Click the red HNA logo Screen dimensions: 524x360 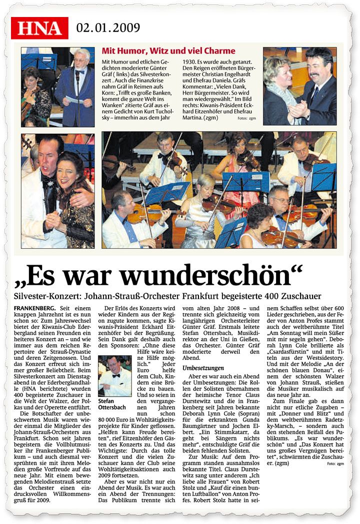pos(39,28)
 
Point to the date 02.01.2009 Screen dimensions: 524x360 pos(108,28)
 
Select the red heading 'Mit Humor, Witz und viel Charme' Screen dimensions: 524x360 pos(168,51)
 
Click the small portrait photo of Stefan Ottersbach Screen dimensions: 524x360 pos(114,375)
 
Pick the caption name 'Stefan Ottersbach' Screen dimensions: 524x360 pos(113,404)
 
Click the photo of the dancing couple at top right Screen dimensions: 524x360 pos(299,86)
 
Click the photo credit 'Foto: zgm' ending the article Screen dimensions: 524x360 pos(335,464)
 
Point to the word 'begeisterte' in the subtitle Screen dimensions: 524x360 pos(243,296)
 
